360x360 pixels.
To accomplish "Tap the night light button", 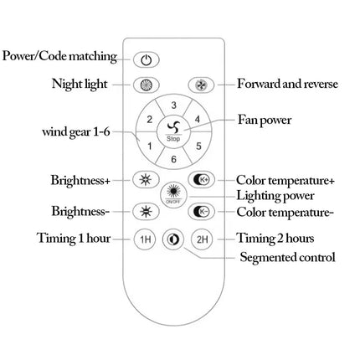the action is click(146, 85).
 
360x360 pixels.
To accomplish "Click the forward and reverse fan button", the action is click(201, 85).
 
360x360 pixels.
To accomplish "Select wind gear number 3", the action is click(173, 105).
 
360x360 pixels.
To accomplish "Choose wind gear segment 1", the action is click(149, 146).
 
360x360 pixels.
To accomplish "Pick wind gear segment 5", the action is click(198, 146).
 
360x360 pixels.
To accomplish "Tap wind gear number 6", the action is click(173, 158).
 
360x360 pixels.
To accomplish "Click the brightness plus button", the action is click(146, 180).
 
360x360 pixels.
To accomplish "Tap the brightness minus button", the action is click(146, 211).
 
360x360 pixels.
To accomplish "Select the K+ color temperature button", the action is click(201, 180).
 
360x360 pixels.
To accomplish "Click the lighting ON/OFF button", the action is click(173, 195).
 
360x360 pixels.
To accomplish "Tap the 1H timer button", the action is click(145, 239).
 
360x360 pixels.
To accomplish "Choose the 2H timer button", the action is click(202, 239).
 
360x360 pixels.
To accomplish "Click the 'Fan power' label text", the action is click(265, 121).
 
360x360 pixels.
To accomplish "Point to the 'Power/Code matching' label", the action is click(59, 56).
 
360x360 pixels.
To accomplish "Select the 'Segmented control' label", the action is click(288, 257).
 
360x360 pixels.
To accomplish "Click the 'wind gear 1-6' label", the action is click(76, 131).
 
